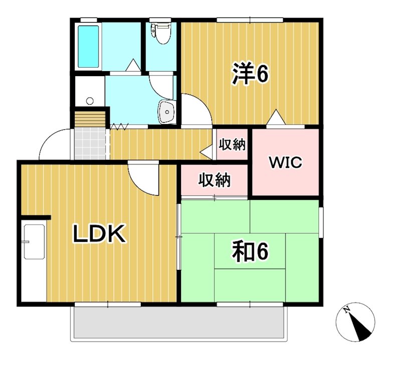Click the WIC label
pyautogui.click(x=285, y=162)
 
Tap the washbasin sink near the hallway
pyautogui.click(x=166, y=112)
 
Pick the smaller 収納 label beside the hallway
pyautogui.click(x=232, y=145)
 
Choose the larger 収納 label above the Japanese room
pyautogui.click(x=214, y=180)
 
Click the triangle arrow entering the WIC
pyautogui.click(x=275, y=118)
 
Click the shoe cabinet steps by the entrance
pyautogui.click(x=91, y=119)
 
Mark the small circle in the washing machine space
pyautogui.click(x=90, y=101)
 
